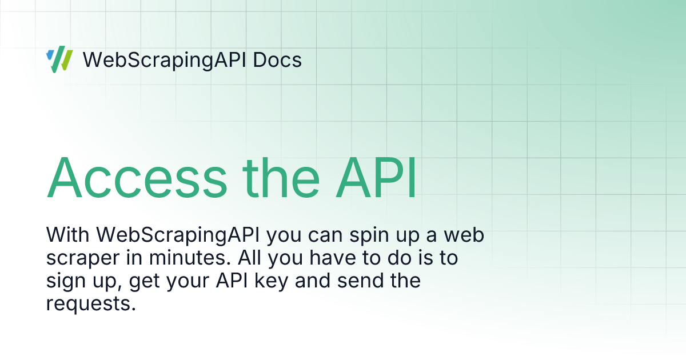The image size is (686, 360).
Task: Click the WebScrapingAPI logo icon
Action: (59, 59)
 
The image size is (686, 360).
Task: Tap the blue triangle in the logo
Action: (50, 54)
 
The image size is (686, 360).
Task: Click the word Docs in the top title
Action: (277, 59)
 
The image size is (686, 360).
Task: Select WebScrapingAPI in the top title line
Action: (165, 60)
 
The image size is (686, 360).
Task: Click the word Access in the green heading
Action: (137, 178)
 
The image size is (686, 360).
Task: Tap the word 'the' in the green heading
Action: (281, 178)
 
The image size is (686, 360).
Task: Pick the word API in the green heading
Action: (376, 178)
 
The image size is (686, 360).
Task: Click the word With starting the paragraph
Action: (67, 235)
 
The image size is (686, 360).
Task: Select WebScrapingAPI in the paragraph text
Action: (178, 235)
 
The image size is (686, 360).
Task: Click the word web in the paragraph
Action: (464, 235)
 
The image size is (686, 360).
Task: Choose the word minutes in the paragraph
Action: (190, 258)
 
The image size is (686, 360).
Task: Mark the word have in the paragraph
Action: (333, 258)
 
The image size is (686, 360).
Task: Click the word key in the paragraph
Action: (272, 281)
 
